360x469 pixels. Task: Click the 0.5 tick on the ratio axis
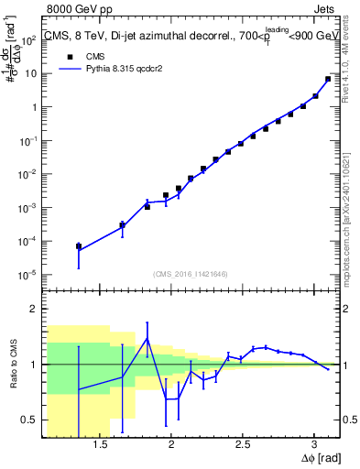[x=29, y=420]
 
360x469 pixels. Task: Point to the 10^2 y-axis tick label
[x=27, y=39]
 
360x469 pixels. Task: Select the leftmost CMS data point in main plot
[x=79, y=245]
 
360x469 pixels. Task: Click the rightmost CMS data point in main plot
[x=328, y=79]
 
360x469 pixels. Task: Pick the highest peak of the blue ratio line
[x=147, y=338]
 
